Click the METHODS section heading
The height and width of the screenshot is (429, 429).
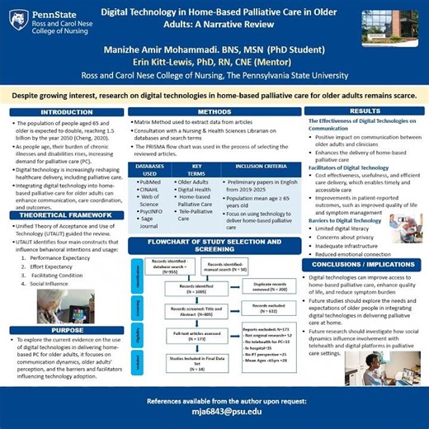click(x=214, y=111)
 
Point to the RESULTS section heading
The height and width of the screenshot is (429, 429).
click(x=365, y=111)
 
